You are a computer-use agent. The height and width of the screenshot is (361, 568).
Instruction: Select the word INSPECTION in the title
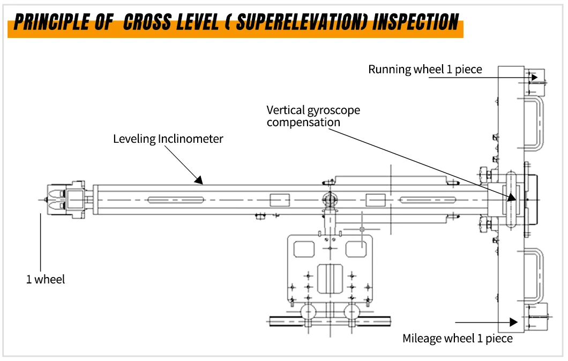pyautogui.click(x=416, y=22)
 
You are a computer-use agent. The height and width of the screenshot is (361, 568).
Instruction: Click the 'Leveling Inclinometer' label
pyautogui.click(x=168, y=139)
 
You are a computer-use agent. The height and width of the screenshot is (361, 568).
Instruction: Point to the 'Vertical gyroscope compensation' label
pyautogui.click(x=313, y=116)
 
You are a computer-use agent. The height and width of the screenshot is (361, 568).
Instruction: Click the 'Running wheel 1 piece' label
pyautogui.click(x=425, y=70)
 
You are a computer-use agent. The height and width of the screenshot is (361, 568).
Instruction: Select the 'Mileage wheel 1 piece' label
pyautogui.click(x=457, y=339)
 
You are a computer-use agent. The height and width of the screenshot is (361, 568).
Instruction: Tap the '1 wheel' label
pyautogui.click(x=46, y=279)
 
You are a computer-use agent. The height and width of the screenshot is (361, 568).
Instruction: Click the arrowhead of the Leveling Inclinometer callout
pyautogui.click(x=198, y=180)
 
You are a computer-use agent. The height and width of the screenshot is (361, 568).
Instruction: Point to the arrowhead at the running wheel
pyautogui.click(x=534, y=77)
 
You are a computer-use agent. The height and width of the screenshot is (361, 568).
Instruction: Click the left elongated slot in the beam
pyautogui.click(x=176, y=200)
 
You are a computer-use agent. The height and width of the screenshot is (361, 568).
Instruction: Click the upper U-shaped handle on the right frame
pyautogui.click(x=534, y=125)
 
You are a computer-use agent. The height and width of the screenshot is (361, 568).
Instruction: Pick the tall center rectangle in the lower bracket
pyautogui.click(x=330, y=278)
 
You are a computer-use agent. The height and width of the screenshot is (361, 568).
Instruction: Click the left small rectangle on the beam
pyautogui.click(x=279, y=200)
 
